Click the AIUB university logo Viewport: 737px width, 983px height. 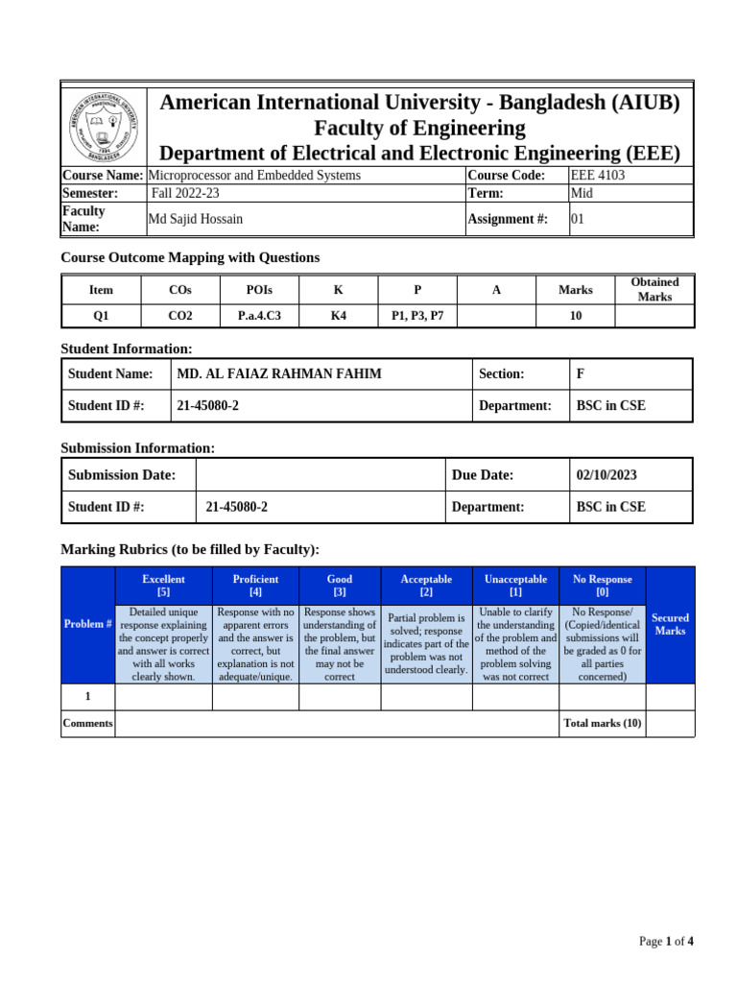105,126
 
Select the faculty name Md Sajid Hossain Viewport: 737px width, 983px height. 195,219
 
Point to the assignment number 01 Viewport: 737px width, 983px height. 578,219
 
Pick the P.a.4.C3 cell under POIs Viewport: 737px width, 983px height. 259,315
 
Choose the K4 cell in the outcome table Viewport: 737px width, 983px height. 339,315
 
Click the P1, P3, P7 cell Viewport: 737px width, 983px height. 417,315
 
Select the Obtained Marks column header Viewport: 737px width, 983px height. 654,289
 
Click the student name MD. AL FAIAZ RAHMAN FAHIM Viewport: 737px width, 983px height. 279,374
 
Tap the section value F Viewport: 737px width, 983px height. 580,374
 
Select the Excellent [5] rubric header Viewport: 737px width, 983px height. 163,586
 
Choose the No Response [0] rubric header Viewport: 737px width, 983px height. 602,586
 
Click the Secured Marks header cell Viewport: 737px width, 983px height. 670,625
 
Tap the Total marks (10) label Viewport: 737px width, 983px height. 602,724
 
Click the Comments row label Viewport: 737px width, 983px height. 87,724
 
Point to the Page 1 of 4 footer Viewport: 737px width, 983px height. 666,942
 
